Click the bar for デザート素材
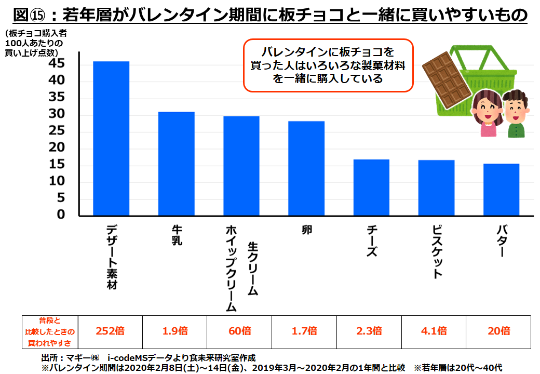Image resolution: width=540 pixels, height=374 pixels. (x=111, y=138)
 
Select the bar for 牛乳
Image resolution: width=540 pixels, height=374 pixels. (x=176, y=164)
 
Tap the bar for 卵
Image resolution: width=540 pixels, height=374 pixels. (x=306, y=168)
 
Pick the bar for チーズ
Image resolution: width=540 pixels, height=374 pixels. (x=371, y=188)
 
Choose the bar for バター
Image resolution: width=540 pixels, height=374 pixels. (x=501, y=190)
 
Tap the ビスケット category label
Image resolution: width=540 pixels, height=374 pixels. (x=437, y=252)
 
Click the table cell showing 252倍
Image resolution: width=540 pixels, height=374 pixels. (x=110, y=331)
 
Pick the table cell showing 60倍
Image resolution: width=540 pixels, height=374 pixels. (x=239, y=331)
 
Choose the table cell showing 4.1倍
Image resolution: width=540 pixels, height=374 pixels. (x=434, y=331)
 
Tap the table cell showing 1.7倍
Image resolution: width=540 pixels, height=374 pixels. (x=304, y=331)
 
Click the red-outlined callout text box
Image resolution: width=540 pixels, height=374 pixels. (x=328, y=65)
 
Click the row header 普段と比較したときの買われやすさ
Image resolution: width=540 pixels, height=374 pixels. (x=50, y=331)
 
